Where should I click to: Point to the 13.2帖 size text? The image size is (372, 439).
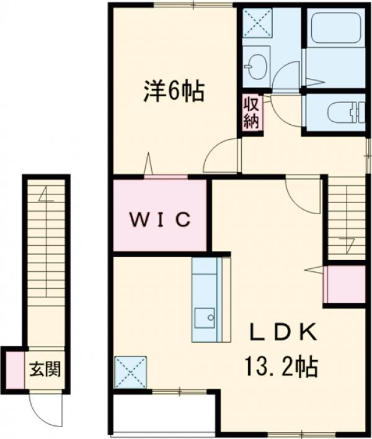[283, 366]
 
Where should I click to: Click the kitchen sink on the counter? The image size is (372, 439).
[205, 319]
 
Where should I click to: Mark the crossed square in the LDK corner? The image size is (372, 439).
[131, 372]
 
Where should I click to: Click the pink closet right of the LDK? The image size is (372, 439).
[345, 284]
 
